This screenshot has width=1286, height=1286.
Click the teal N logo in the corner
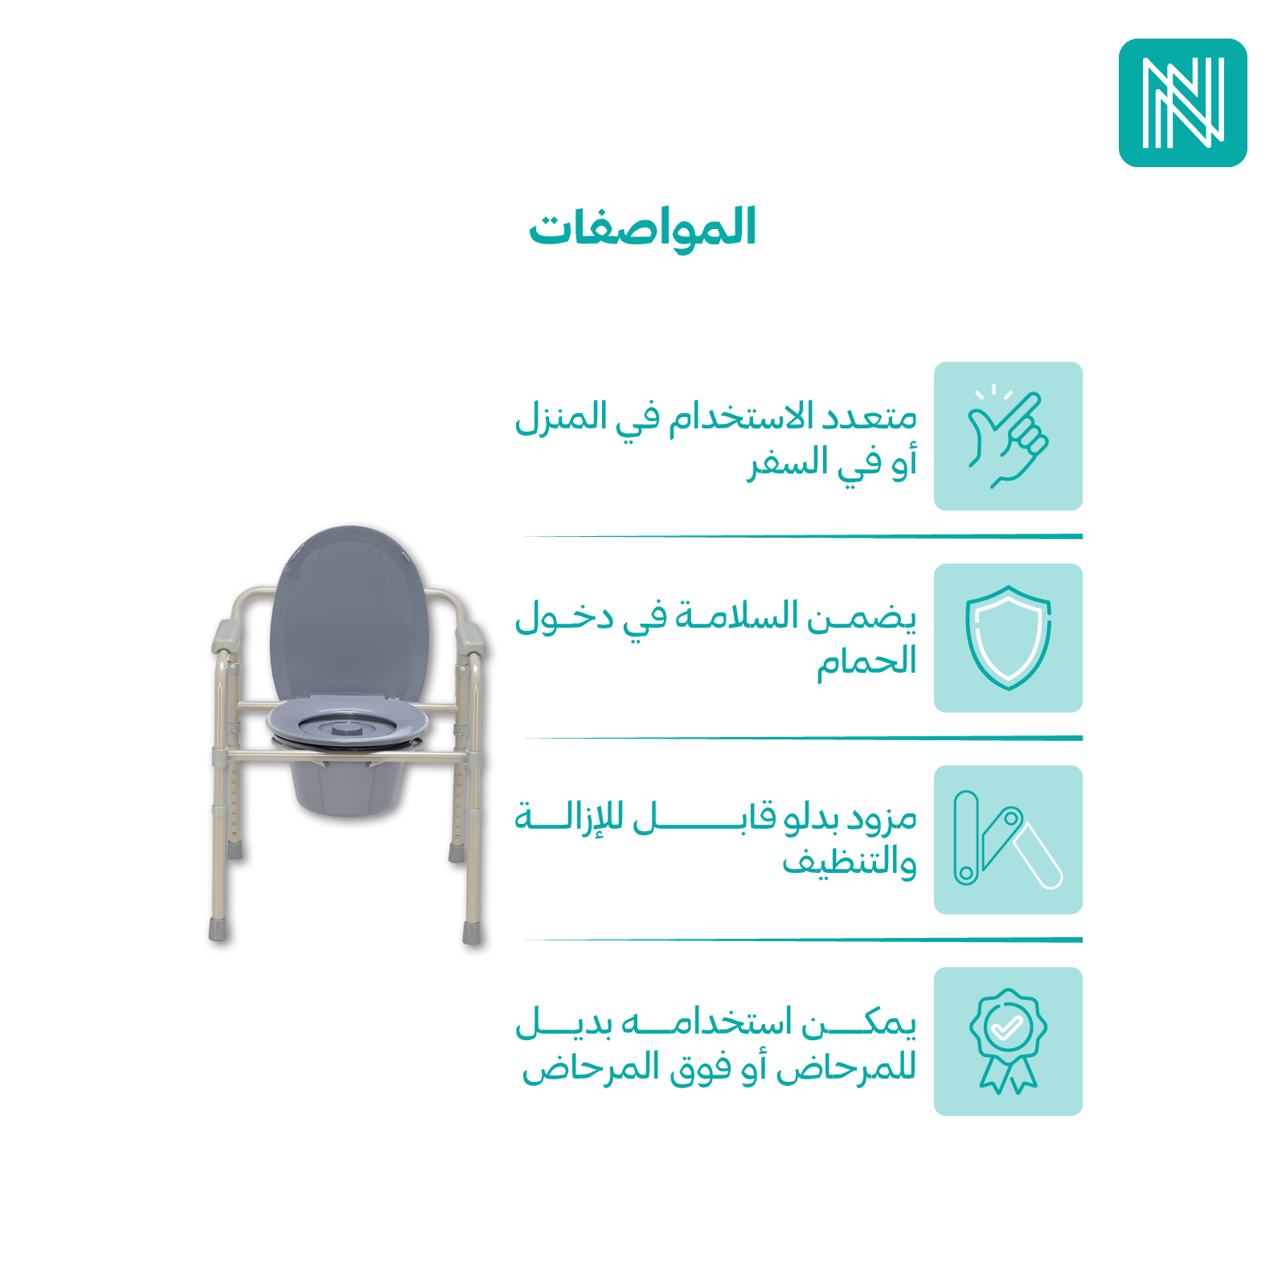pyautogui.click(x=1182, y=103)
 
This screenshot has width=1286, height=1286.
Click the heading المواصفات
pyautogui.click(x=642, y=227)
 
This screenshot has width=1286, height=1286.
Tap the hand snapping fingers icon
pyautogui.click(x=1008, y=436)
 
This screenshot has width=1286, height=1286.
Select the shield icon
pyautogui.click(x=1008, y=637)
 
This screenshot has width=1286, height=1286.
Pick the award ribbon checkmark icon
pyautogui.click(x=1008, y=1041)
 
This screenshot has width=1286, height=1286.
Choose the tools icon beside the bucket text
pyautogui.click(x=1008, y=839)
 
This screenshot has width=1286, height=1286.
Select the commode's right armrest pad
pyautogui.click(x=471, y=637)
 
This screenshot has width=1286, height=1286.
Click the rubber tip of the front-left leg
pyautogui.click(x=218, y=930)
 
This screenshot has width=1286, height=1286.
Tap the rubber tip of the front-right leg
pyautogui.click(x=473, y=932)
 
